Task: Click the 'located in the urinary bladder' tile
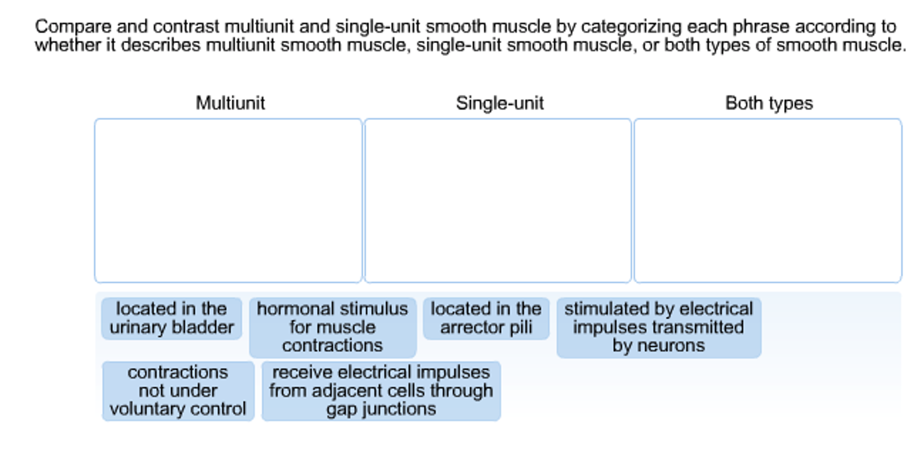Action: tap(172, 318)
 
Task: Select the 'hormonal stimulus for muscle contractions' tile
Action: tap(332, 327)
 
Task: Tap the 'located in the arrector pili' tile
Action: tap(486, 318)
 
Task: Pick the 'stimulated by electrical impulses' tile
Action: tap(658, 327)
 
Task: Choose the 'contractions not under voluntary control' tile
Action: tap(178, 391)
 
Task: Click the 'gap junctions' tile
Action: tap(381, 391)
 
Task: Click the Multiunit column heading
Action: tap(230, 103)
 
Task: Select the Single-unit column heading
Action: tap(499, 103)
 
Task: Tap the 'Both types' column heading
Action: tap(769, 103)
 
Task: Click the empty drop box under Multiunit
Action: tap(228, 200)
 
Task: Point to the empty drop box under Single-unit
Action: tap(497, 200)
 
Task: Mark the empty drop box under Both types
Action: tap(768, 200)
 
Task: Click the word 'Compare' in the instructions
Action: tap(73, 27)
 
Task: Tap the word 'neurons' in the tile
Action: tap(671, 345)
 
